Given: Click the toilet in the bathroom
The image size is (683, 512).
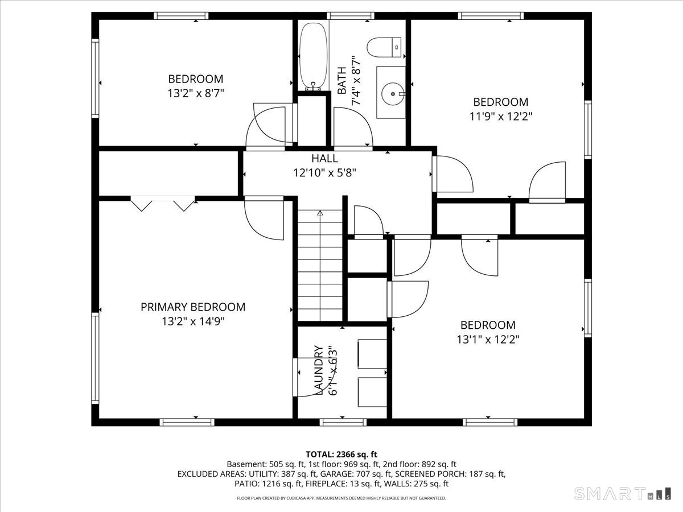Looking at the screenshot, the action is coord(384,48).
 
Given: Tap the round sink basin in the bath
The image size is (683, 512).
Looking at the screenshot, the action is coord(393,93).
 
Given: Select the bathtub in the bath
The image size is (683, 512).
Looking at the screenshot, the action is coord(314,56).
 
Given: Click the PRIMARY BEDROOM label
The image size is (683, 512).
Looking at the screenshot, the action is coord(193,307).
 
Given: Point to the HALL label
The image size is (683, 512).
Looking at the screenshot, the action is coord(324,159).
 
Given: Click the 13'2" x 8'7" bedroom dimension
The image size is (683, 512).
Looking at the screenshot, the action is coord(196,93).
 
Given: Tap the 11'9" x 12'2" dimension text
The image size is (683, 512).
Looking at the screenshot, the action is coord(501,116).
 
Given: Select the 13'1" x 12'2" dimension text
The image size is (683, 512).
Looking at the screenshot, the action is coord(488,340).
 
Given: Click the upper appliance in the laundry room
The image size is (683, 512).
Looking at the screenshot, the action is coord(372,354).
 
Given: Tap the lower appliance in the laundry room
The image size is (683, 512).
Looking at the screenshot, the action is coord(372,392).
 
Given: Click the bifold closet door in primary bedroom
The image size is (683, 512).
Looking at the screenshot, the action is coord(163,204).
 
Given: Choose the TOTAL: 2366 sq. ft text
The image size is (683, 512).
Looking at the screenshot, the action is coord(341,455).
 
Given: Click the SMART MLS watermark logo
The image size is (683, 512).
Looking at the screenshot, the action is coord(622,494).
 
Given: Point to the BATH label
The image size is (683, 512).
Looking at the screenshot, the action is coord(341,80).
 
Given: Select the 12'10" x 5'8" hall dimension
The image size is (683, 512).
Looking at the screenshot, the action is coord(324,172).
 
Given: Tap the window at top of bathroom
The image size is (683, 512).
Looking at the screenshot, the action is coord(351,16).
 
